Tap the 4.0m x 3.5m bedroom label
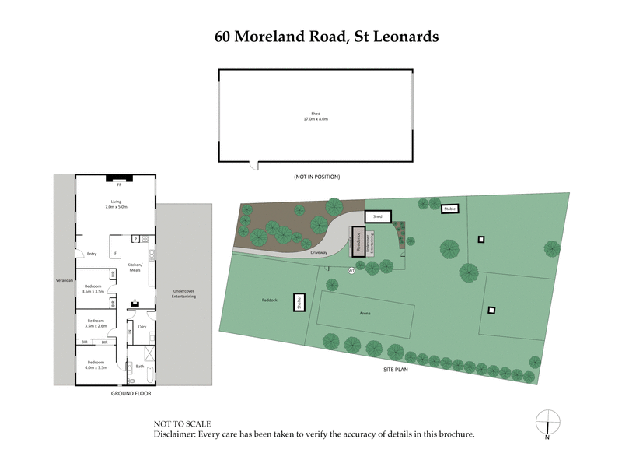(x=96, y=365)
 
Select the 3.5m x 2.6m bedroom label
(x=96, y=323)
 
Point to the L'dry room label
(x=142, y=326)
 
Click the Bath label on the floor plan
(x=140, y=366)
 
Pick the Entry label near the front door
(x=92, y=254)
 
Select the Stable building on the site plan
(x=449, y=209)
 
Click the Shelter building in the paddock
(x=298, y=303)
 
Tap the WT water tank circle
(x=351, y=271)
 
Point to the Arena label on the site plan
(x=364, y=313)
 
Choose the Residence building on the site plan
(x=358, y=241)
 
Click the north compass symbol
(x=547, y=422)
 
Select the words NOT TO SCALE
(x=183, y=423)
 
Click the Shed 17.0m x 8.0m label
(x=316, y=117)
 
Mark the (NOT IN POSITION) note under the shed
(x=316, y=177)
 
